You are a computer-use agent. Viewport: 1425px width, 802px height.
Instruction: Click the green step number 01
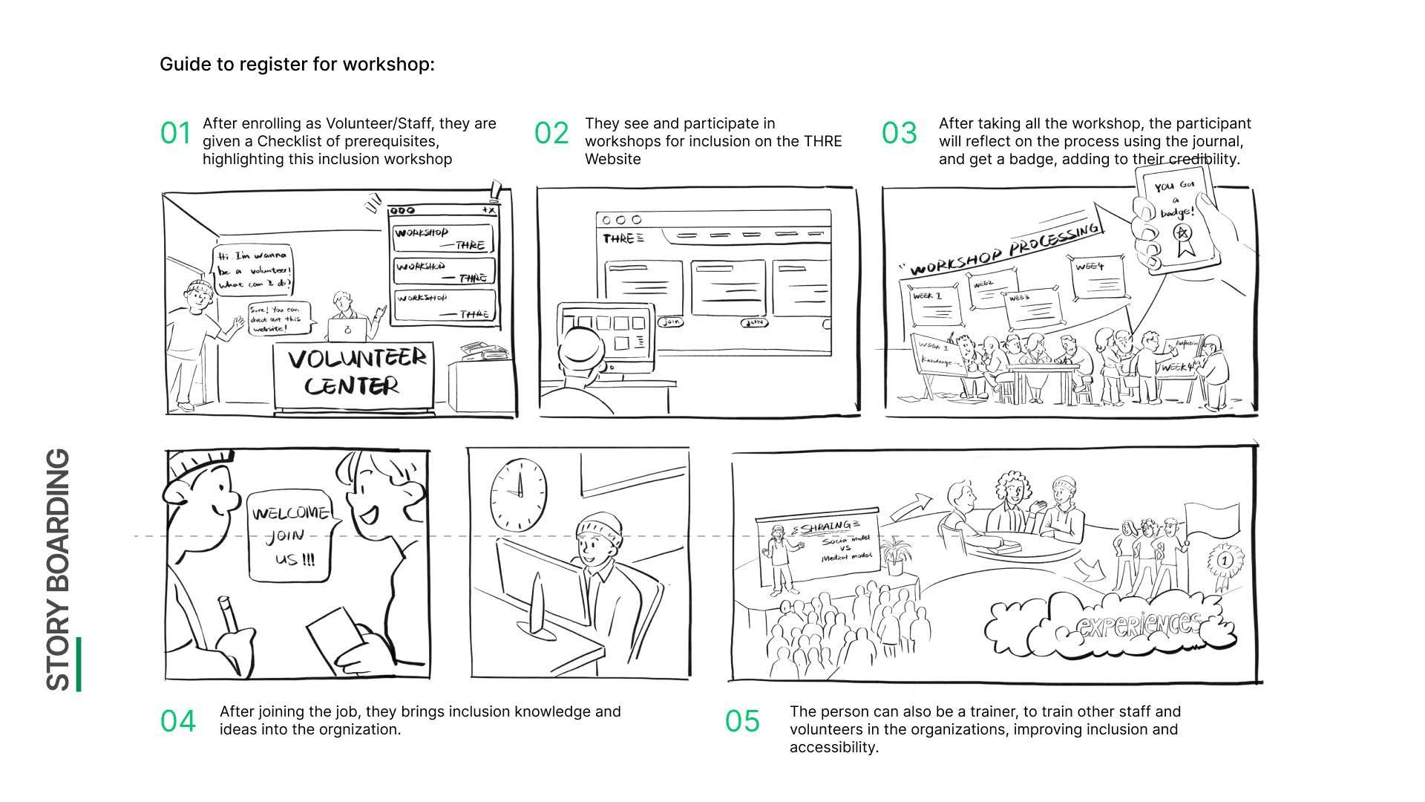(176, 134)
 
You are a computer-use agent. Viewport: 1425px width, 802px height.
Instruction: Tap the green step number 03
(899, 134)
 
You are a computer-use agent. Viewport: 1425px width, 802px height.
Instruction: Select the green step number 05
(742, 721)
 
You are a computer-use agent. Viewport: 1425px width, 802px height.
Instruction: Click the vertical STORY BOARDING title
(59, 570)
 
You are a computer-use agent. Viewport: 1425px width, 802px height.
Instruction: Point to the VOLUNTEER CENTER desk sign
(357, 373)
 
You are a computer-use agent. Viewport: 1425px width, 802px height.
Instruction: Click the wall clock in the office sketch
(518, 491)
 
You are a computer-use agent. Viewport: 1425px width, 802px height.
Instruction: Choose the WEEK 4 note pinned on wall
(1099, 278)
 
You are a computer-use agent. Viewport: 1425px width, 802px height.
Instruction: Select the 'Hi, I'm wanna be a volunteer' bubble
(253, 269)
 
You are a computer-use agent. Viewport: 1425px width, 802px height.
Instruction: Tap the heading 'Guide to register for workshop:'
(297, 65)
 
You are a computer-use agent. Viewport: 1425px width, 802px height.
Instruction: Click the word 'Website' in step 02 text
(612, 159)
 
